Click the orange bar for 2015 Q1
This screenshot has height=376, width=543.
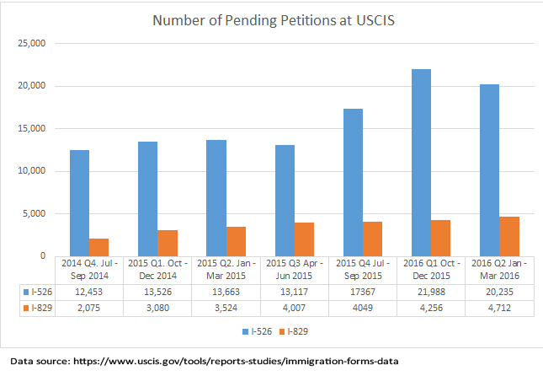pyautogui.click(x=168, y=243)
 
